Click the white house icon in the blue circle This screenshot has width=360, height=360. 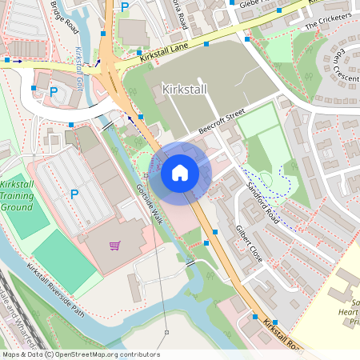pyautogui.click(x=179, y=172)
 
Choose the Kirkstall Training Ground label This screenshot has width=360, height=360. pyautogui.click(x=18, y=194)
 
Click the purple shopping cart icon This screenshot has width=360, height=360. pyautogui.click(x=114, y=246)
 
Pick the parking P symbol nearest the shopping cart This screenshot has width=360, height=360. pyautogui.click(x=74, y=194)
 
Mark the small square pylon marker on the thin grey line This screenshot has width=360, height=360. pyautogui.click(x=166, y=331)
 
